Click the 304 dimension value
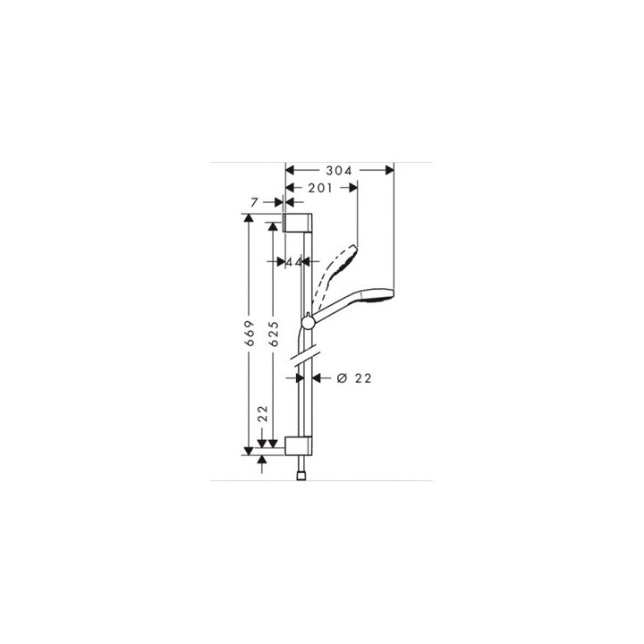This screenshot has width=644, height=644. coord(339,170)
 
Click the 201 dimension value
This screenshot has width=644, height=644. coord(320,188)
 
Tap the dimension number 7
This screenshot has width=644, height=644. coord(254,205)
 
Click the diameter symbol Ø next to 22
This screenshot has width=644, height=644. coord(342,378)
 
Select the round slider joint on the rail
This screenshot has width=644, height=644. coord(308,319)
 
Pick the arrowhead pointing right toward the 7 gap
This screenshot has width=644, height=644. coord(279,205)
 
